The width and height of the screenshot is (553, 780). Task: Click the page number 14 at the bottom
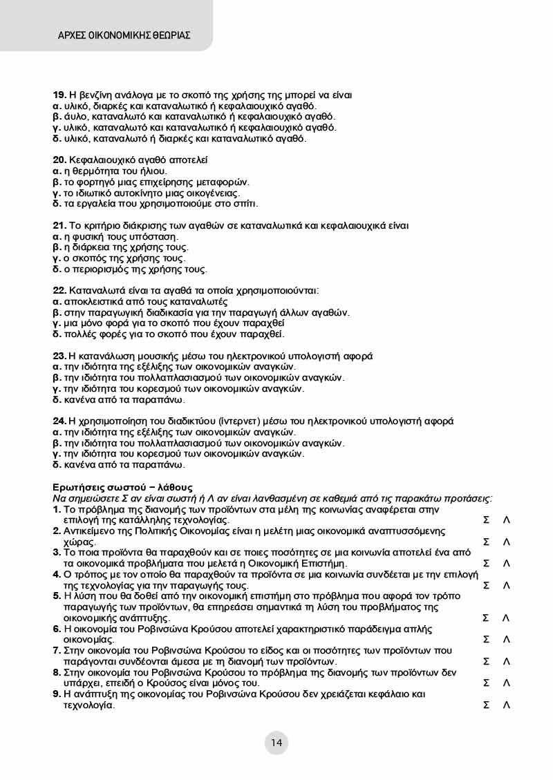(x=276, y=743)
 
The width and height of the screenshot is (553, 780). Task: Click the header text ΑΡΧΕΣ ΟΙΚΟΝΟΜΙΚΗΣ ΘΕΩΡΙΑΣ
(x=124, y=35)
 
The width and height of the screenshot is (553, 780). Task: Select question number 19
(x=59, y=95)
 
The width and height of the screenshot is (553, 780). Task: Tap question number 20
(x=59, y=160)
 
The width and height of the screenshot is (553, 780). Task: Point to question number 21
(x=59, y=225)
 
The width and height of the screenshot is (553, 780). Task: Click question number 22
(x=59, y=290)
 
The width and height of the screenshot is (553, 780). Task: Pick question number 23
(x=59, y=356)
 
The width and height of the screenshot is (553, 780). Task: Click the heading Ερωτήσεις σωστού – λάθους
(x=123, y=487)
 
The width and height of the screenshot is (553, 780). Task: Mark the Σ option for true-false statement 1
(x=486, y=520)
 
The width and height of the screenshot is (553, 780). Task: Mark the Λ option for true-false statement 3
(x=507, y=563)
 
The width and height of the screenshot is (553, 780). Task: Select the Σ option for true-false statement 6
(x=486, y=640)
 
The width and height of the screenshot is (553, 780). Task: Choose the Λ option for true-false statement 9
(x=507, y=705)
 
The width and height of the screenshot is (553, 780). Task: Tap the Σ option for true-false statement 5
(x=486, y=618)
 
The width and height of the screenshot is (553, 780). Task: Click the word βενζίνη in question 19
(x=89, y=95)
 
